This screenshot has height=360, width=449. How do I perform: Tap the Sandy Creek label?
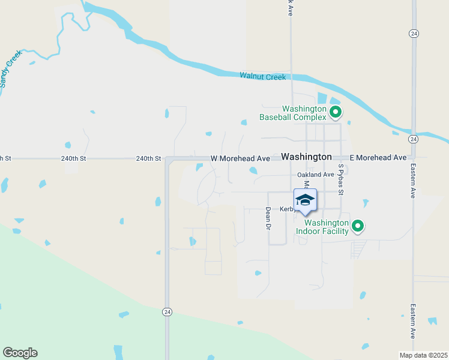(11, 69)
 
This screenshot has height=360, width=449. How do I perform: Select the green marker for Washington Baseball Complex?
(336, 112)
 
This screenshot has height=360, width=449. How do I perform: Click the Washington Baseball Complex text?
(293, 113)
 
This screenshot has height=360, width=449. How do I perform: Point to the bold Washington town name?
(306, 157)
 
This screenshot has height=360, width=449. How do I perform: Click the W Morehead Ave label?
(240, 158)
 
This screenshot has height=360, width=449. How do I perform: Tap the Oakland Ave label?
(315, 175)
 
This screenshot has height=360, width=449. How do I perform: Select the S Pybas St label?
(340, 180)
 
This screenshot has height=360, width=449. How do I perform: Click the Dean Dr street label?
(268, 218)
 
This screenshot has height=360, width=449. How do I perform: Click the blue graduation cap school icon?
(305, 200)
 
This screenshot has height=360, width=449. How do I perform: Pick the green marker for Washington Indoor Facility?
(358, 226)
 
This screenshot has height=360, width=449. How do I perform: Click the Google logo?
(20, 353)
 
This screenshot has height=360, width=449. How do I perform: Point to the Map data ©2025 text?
(423, 355)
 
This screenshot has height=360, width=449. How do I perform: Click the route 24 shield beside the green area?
(167, 311)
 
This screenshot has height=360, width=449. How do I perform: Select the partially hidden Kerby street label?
(286, 209)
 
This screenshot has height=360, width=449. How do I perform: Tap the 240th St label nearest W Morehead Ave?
(148, 158)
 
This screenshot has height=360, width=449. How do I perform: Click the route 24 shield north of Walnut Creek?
(414, 34)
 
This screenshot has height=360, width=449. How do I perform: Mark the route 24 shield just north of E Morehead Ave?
(414, 139)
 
